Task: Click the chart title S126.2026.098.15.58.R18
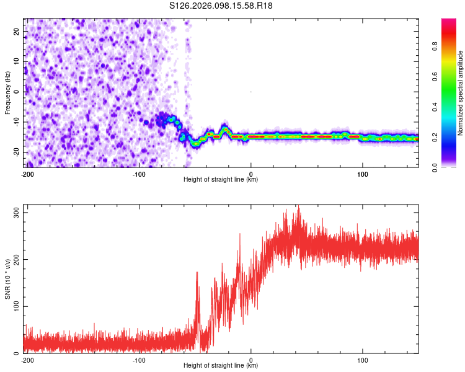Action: click(221, 6)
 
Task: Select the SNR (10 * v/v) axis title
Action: click(7, 283)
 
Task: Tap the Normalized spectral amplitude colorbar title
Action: click(461, 93)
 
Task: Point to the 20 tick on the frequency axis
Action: click(17, 31)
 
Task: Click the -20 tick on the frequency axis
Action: click(16, 152)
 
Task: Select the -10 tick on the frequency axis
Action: click(16, 122)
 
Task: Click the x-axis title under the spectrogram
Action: click(221, 180)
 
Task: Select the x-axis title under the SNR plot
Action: click(221, 366)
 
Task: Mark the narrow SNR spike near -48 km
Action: click(197, 273)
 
